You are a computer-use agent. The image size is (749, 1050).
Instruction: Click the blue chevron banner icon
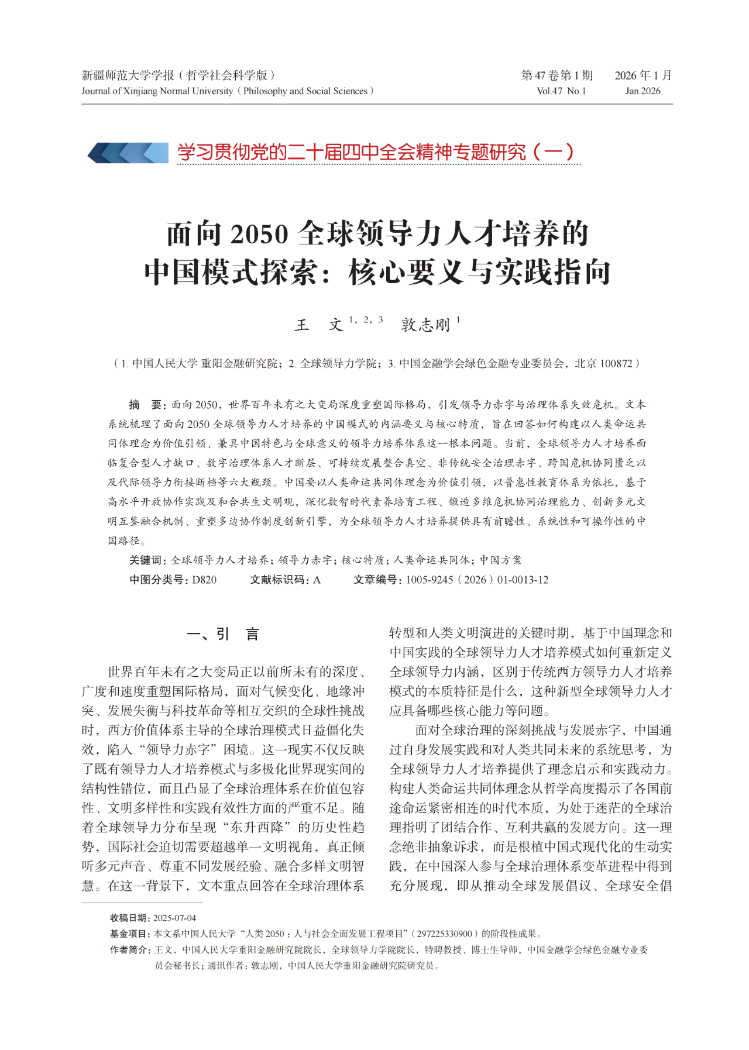click(x=128, y=153)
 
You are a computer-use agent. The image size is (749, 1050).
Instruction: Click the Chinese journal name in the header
click(x=178, y=75)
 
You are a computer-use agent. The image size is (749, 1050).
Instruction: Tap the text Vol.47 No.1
click(x=561, y=91)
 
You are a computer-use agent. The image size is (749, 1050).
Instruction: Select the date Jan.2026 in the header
click(x=643, y=91)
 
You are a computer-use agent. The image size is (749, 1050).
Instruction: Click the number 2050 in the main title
click(x=259, y=234)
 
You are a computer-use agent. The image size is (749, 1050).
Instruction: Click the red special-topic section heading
click(x=376, y=153)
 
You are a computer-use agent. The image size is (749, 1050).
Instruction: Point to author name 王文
click(x=318, y=325)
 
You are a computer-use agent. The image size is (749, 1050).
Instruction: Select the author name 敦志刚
click(x=425, y=325)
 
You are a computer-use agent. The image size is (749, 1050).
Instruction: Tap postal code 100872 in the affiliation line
click(x=616, y=363)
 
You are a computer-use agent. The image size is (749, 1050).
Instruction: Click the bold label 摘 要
click(x=146, y=405)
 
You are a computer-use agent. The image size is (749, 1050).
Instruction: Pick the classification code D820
click(x=204, y=580)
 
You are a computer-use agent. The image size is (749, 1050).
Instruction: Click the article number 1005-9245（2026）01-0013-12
click(x=477, y=580)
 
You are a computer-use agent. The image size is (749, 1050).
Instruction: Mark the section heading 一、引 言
click(x=223, y=634)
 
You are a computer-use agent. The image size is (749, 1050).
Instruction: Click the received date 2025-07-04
click(x=174, y=918)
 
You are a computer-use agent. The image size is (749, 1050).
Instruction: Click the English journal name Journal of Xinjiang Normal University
click(x=157, y=91)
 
